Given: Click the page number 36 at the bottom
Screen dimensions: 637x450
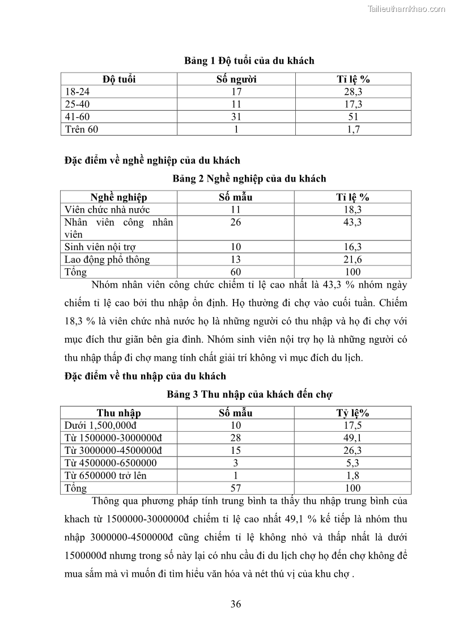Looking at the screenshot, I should [x=236, y=604].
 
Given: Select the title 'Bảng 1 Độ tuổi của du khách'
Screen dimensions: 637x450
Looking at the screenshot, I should [x=249, y=61].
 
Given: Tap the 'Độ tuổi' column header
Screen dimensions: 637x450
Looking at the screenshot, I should [x=119, y=79].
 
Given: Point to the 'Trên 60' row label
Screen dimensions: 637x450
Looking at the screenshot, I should [x=82, y=129].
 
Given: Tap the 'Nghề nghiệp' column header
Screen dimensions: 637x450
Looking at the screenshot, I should [x=118, y=197].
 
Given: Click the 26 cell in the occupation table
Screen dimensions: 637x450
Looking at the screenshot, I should [x=236, y=222].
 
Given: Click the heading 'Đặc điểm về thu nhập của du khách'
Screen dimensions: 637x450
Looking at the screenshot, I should [x=145, y=376].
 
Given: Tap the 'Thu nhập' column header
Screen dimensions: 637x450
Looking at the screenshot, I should [x=118, y=413].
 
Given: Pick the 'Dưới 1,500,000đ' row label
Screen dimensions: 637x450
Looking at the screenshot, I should [x=97, y=425].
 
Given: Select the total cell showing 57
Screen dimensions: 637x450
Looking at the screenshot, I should [x=236, y=488].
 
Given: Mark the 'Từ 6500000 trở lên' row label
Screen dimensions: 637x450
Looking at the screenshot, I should [x=105, y=475].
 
